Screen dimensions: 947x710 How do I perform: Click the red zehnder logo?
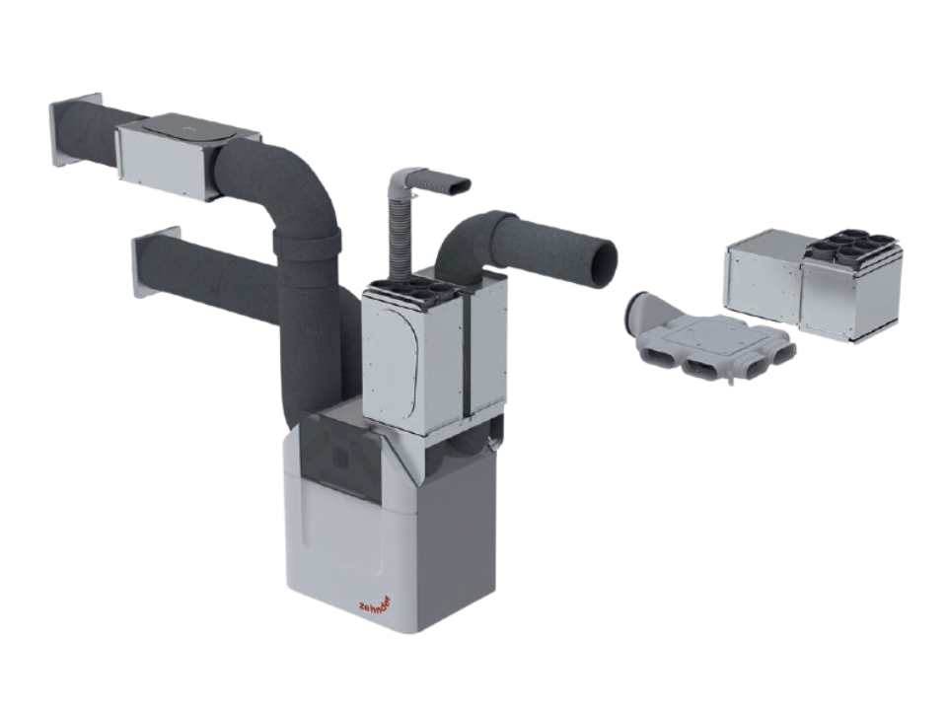pyautogui.click(x=375, y=603)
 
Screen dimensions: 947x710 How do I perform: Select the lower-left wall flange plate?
pyautogui.click(x=155, y=262)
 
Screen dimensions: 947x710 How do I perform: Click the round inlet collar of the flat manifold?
pyautogui.click(x=641, y=311)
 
